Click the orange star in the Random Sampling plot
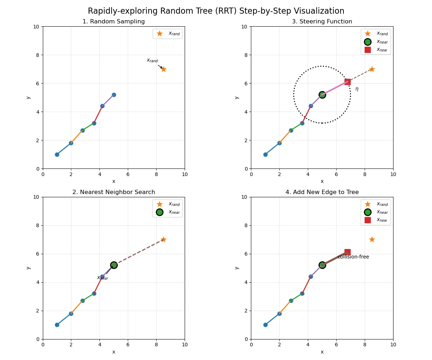coord(163,69)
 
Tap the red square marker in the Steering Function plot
coord(347,82)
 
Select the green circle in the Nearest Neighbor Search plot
coord(114,265)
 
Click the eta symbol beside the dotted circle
coord(357,89)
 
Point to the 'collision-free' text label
coord(353,257)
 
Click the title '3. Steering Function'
coord(322,21)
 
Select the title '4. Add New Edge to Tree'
coord(322,192)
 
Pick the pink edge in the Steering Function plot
coord(335,88)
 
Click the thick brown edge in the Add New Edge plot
coord(335,258)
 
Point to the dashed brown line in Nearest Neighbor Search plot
coord(139,252)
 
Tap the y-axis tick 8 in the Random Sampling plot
coord(37,55)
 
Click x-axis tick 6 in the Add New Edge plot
coord(336,345)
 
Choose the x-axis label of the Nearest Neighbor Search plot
coord(114,352)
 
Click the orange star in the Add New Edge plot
coord(372,240)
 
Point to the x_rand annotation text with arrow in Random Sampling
coord(152,60)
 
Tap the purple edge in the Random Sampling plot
coord(108,100)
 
